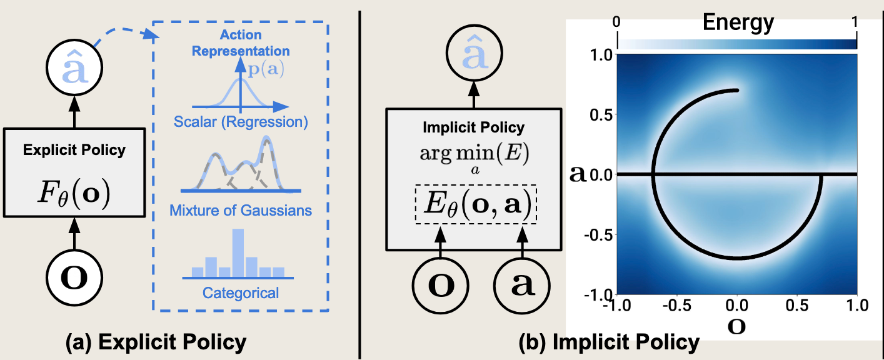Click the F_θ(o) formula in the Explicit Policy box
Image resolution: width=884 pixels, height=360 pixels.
[74, 196]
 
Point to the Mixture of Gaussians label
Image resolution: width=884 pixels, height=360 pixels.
[241, 210]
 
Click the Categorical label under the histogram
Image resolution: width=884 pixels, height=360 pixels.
[241, 292]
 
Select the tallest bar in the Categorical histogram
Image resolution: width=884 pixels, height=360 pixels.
[238, 252]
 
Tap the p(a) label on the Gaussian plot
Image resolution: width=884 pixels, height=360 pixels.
[266, 69]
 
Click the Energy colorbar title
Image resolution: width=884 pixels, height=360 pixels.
[738, 22]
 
